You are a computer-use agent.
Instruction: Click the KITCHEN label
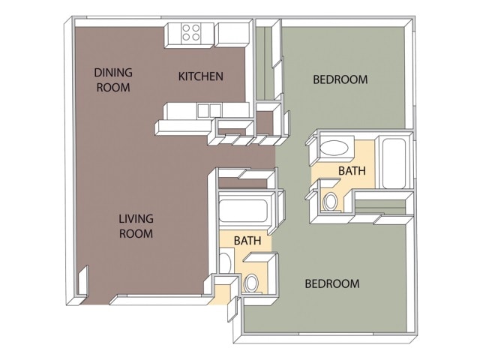coord(200,76)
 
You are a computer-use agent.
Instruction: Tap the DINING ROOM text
coord(113,79)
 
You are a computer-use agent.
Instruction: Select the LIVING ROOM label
coord(136,226)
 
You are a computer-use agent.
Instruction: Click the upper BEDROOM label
coord(340,79)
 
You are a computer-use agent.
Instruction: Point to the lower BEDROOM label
coord(331,284)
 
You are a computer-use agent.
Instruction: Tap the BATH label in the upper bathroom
coord(352,171)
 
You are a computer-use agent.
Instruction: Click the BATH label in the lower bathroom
coord(247,241)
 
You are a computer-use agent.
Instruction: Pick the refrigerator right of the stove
coord(232,32)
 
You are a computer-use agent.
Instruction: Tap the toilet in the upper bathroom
coord(331,200)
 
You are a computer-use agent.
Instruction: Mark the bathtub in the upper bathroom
coord(393,162)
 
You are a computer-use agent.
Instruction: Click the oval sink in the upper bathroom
coord(334,147)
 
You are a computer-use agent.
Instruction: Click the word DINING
coord(113,73)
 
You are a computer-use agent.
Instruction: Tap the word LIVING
coord(136,219)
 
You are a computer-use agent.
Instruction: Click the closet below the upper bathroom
coord(382,204)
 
